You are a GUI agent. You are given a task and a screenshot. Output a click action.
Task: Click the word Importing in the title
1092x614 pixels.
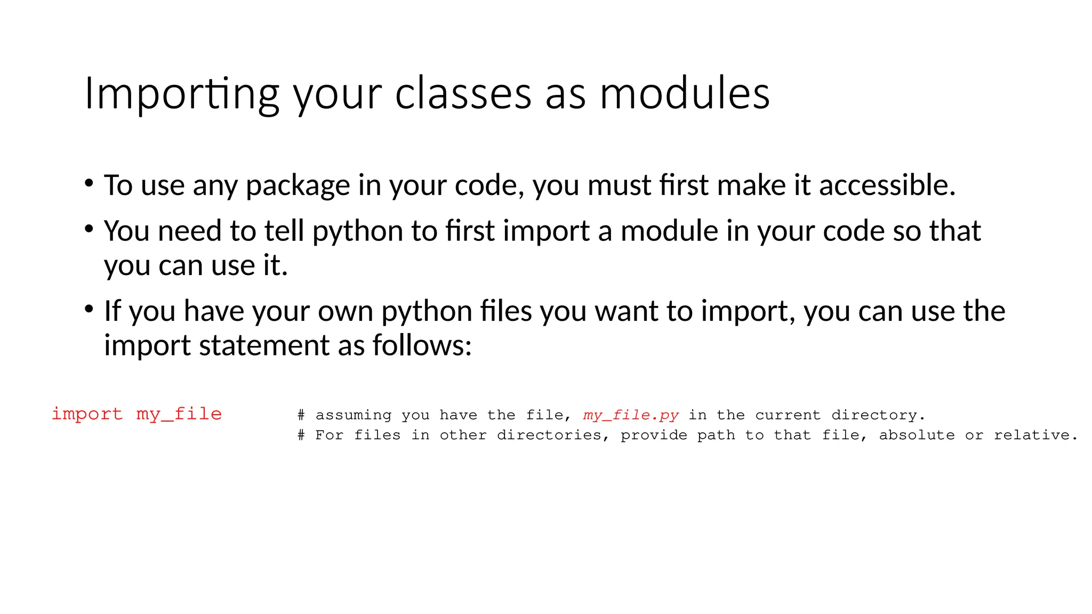click(182, 94)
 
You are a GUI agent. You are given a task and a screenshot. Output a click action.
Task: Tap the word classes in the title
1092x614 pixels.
click(463, 94)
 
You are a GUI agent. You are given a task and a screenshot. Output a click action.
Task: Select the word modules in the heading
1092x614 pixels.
click(685, 94)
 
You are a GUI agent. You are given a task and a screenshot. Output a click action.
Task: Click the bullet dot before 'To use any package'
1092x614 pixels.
click(89, 183)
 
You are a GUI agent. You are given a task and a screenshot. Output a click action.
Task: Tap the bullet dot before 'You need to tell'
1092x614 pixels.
click(89, 229)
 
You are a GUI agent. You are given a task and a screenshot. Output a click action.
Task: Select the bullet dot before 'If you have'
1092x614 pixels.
click(89, 309)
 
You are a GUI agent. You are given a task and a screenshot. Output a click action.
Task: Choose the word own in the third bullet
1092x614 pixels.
click(346, 311)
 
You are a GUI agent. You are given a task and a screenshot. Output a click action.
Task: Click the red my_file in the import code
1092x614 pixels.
click(179, 414)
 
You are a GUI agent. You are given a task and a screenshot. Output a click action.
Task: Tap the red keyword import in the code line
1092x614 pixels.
click(87, 414)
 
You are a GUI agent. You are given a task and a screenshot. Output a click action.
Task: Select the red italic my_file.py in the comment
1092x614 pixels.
click(631, 415)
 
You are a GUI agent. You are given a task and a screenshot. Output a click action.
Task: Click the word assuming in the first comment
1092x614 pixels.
click(353, 415)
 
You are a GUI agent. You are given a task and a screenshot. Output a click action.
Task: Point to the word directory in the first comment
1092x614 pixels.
click(878, 415)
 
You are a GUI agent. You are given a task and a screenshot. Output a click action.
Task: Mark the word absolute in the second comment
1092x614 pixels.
click(917, 435)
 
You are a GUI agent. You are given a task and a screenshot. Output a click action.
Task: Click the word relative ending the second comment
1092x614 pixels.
click(1035, 435)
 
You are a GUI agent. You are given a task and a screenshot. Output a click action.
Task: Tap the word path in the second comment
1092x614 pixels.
click(716, 435)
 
